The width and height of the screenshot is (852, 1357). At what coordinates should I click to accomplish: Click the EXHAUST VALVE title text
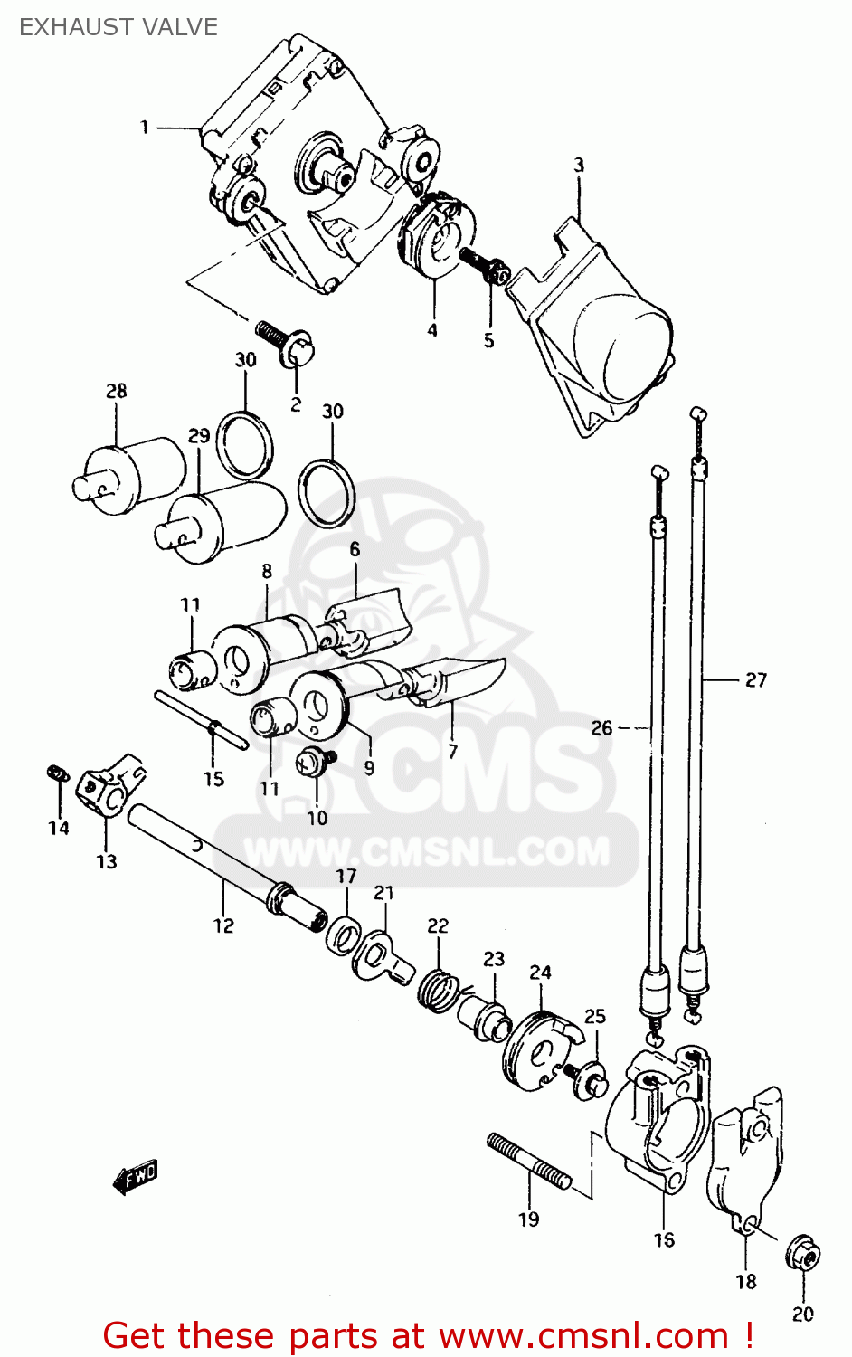click(118, 27)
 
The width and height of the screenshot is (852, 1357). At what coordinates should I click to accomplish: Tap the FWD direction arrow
click(136, 1177)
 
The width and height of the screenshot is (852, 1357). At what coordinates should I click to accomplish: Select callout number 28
click(116, 391)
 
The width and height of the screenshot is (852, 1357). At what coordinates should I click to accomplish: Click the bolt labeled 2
click(288, 343)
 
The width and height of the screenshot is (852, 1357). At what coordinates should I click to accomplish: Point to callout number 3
click(579, 165)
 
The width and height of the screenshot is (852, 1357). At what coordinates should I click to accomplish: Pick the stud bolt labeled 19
click(529, 1161)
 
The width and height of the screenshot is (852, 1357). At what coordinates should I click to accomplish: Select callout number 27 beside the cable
click(755, 679)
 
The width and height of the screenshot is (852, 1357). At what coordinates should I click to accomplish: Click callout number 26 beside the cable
click(601, 727)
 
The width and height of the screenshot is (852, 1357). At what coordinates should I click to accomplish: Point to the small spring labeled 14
click(56, 773)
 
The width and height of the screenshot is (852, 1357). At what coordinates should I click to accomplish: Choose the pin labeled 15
click(201, 721)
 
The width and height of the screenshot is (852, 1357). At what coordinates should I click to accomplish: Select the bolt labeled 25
click(586, 1079)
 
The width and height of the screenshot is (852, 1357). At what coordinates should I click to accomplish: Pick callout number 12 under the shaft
click(223, 925)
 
